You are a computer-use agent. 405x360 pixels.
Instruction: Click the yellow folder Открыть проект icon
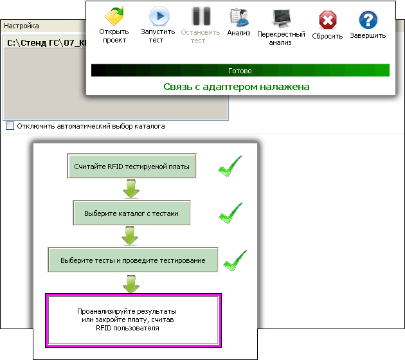(114, 16)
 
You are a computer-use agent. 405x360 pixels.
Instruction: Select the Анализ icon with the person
(239, 17)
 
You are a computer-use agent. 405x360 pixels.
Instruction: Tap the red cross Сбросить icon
(327, 20)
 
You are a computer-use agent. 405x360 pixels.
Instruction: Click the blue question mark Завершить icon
(368, 20)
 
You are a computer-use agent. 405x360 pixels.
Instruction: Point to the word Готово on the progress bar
(240, 71)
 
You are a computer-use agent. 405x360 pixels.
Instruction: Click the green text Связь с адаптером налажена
(237, 87)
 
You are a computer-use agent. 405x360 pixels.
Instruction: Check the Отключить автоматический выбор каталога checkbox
(10, 126)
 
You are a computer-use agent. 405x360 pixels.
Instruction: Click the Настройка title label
(21, 26)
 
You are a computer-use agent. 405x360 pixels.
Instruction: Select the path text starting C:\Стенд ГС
(46, 42)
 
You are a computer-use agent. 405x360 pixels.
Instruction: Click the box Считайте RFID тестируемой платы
(132, 166)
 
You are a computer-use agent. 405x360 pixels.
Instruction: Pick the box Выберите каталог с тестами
(132, 213)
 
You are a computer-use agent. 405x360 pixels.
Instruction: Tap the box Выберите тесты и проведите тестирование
(133, 260)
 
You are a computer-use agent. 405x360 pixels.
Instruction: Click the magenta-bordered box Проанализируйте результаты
(133, 320)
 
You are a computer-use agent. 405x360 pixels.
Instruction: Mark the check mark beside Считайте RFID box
(230, 166)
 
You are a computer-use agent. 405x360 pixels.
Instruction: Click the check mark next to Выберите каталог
(230, 213)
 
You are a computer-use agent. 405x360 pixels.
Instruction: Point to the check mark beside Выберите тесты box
(235, 261)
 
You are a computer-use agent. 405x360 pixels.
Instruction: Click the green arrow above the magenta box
(131, 284)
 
